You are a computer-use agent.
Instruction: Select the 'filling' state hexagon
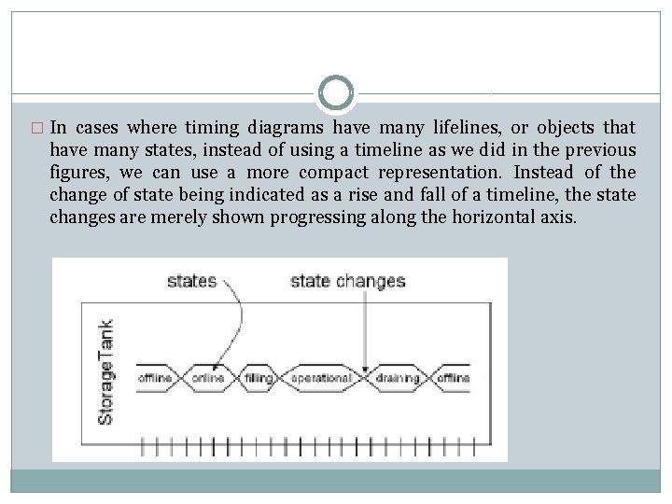[x=259, y=378]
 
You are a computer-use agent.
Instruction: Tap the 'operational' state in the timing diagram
[x=320, y=378]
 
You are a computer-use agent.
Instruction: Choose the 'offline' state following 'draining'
[x=452, y=378]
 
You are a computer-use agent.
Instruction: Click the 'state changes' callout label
[x=347, y=280]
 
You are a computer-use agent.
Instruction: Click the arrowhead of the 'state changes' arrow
[x=364, y=370]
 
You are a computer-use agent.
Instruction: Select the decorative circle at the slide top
[x=336, y=93]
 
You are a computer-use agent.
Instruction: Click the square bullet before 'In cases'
[x=37, y=128]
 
